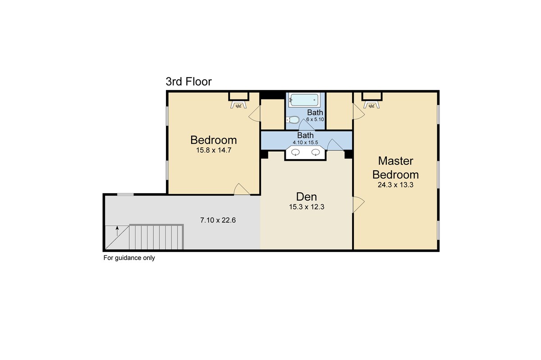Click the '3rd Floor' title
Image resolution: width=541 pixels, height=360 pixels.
tap(188, 82)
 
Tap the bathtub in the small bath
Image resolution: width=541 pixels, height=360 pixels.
tap(304, 100)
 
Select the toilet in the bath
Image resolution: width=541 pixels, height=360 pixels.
tap(293, 120)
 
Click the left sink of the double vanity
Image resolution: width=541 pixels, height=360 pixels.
tap(296, 152)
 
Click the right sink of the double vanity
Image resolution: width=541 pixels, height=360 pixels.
tap(316, 152)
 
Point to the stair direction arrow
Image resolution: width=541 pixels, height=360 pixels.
tap(117, 231)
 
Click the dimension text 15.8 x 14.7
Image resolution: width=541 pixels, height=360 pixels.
tap(214, 150)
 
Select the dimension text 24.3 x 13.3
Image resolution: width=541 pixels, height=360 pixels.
tap(396, 185)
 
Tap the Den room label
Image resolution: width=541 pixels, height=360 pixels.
tap(307, 197)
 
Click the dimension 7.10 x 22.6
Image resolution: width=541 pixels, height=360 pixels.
tap(218, 220)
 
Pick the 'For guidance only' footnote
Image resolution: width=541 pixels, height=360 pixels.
tap(129, 258)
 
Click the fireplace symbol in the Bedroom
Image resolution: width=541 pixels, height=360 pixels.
tap(238, 105)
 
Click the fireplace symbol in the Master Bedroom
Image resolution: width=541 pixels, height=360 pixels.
tap(371, 105)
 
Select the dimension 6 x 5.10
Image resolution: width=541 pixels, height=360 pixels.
tap(315, 119)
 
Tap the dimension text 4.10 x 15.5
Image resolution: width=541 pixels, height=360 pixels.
tap(306, 142)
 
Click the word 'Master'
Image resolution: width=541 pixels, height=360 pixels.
tap(396, 161)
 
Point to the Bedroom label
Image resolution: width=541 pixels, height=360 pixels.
tap(214, 140)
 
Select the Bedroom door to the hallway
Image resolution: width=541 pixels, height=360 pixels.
tap(242, 189)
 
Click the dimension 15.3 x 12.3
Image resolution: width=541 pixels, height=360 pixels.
tap(307, 207)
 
